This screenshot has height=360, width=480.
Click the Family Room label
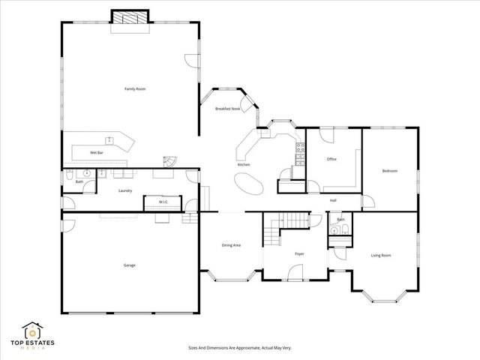point(135,89)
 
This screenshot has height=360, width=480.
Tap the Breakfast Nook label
point(228,109)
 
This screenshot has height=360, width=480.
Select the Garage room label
point(130,265)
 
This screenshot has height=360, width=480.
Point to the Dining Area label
point(231,245)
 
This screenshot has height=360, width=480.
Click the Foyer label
point(299,253)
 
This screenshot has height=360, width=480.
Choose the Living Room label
point(381,255)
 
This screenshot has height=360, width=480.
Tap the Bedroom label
point(390,171)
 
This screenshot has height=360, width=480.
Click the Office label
point(331,159)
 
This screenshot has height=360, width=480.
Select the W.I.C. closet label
point(163,202)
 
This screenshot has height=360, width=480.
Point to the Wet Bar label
point(97,152)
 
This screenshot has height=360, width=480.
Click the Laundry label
point(125,190)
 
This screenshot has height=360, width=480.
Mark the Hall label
point(333,200)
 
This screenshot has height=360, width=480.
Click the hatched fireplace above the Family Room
point(130,16)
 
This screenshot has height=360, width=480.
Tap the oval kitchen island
point(248,184)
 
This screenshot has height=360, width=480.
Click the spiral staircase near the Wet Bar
point(170,162)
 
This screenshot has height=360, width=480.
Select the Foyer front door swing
point(295,272)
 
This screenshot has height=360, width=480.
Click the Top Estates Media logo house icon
point(32,331)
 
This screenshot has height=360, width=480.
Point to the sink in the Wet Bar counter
point(109,141)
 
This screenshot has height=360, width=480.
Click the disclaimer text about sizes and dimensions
point(240,348)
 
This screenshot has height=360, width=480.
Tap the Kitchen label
point(244,165)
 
